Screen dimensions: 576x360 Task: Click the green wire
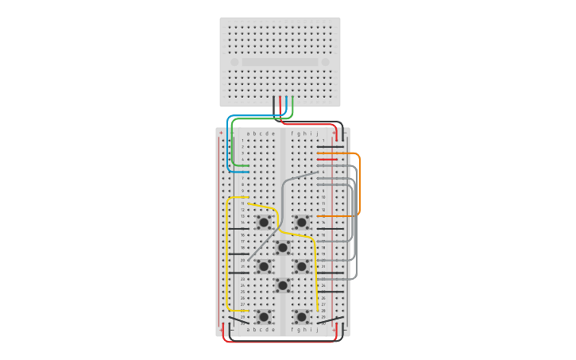click(232, 143)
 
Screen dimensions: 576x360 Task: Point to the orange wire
click(359, 183)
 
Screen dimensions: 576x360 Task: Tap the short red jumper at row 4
click(327, 159)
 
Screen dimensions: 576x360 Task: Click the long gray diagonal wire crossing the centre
click(282, 215)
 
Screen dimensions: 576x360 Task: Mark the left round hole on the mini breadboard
click(234, 62)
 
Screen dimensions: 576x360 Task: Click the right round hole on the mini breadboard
click(325, 62)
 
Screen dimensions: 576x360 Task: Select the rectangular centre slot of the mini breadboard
click(280, 62)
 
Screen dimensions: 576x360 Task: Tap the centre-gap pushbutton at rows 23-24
click(282, 285)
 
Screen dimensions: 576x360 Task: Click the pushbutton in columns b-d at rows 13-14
click(263, 222)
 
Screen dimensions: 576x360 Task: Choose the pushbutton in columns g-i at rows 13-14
click(301, 222)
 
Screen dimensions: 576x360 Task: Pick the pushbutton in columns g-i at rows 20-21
click(301, 266)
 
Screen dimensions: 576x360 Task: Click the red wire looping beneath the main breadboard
click(278, 342)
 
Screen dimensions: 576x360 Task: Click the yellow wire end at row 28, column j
click(318, 310)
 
